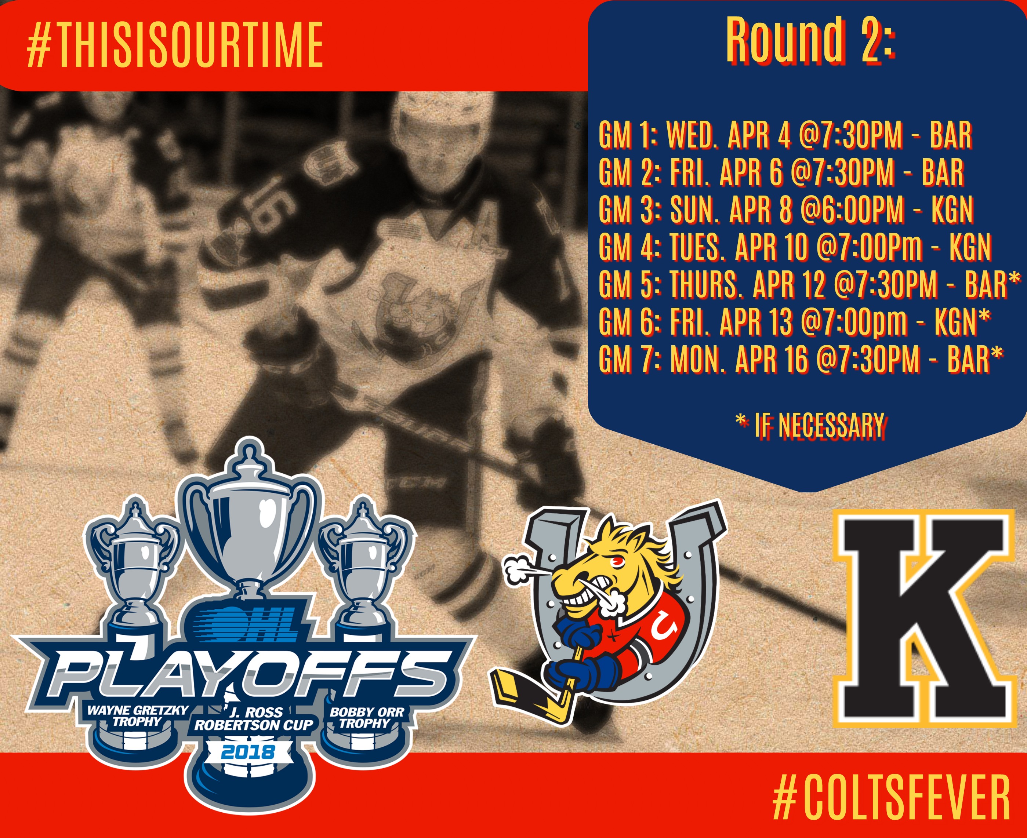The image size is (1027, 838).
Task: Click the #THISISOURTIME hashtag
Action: click(175, 44)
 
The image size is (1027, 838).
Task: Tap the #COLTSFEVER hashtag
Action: click(891, 797)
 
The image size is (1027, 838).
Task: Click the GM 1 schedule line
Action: click(785, 135)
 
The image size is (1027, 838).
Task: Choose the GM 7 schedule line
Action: click(801, 359)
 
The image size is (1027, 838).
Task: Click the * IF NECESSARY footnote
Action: click(810, 425)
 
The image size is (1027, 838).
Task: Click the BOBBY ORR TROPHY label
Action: click(367, 717)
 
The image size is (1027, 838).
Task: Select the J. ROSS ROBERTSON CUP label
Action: click(254, 718)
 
